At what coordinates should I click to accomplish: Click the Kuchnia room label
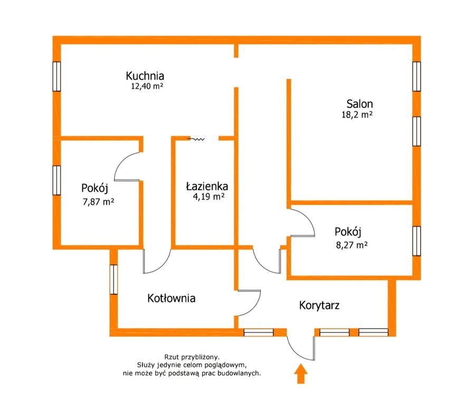tap(145, 75)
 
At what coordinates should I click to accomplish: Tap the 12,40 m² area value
tap(147, 86)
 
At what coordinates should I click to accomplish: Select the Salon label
tap(359, 104)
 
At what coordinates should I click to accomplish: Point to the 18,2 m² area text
tap(357, 115)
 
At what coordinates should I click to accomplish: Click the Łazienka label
tap(207, 186)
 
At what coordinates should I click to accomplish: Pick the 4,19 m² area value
tap(208, 197)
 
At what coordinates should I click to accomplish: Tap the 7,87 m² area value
tap(98, 201)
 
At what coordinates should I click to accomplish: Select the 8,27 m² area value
tap(351, 245)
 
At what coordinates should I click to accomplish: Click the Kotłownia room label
tap(171, 298)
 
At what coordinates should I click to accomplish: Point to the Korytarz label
tap(319, 305)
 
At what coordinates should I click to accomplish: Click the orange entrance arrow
tap(300, 374)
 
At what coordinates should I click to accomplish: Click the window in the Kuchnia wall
tap(56, 76)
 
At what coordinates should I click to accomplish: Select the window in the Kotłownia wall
tap(113, 279)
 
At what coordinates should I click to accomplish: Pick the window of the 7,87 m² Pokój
tap(56, 180)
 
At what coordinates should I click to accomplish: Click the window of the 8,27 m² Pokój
tap(417, 241)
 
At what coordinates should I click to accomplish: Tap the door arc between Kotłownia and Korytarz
tap(249, 303)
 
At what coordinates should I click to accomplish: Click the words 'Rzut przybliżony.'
tap(192, 357)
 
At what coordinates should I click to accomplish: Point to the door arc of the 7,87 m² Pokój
tap(127, 167)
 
